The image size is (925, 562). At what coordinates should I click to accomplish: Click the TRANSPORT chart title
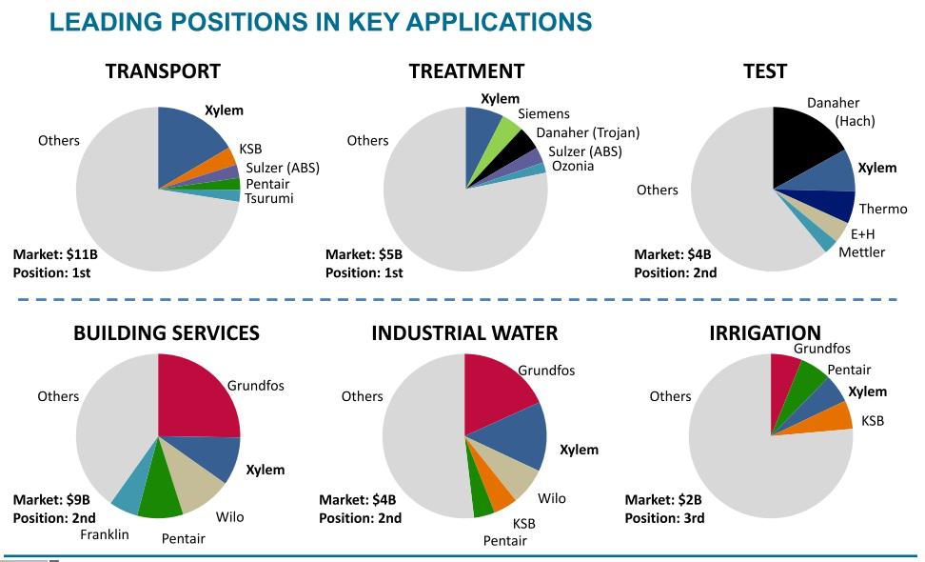[163, 71]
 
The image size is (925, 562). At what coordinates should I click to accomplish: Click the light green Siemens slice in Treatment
[508, 128]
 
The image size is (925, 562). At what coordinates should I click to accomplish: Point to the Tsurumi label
[269, 198]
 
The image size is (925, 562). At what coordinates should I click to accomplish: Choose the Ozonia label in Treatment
[572, 166]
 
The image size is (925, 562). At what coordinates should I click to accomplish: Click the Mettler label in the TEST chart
[861, 252]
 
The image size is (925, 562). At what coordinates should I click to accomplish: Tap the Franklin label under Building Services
[105, 534]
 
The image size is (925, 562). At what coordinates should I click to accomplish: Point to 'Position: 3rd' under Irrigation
[664, 518]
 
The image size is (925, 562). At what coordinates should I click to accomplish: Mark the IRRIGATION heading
[764, 333]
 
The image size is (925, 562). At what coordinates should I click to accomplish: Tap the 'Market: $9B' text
[51, 500]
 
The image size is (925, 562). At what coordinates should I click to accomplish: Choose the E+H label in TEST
[862, 233]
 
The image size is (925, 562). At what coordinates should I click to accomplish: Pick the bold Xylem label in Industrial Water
[579, 450]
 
